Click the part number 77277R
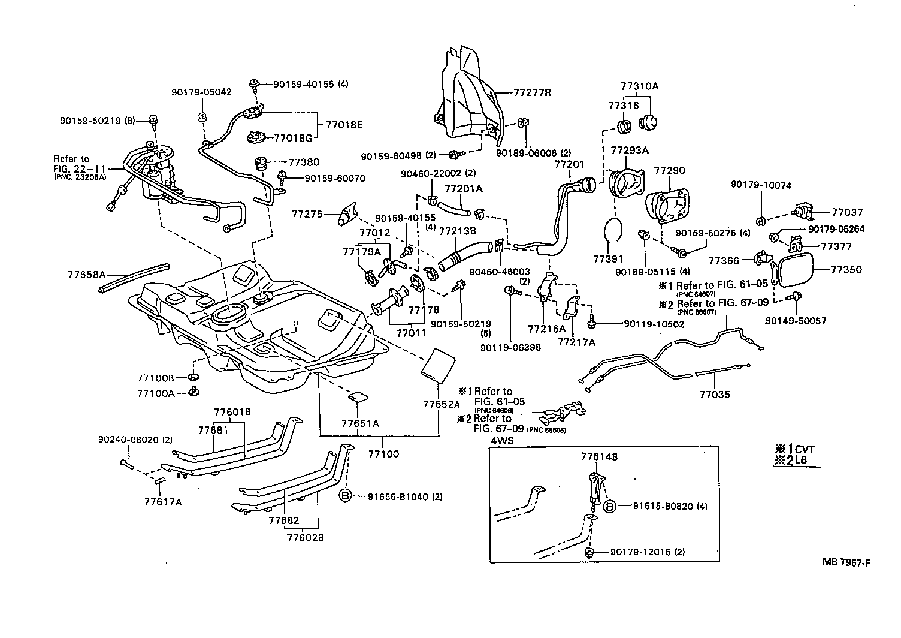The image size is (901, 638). click(x=532, y=93)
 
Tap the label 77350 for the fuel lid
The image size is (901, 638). click(x=846, y=270)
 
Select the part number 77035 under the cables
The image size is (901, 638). click(x=714, y=395)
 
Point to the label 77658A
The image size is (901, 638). click(x=86, y=275)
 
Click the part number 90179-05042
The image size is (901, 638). click(x=201, y=92)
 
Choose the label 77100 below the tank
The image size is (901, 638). click(x=383, y=454)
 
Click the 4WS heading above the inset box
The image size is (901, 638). click(x=502, y=441)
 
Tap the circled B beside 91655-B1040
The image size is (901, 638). click(x=346, y=496)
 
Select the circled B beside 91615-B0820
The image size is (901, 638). click(x=609, y=506)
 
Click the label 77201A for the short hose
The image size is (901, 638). click(x=463, y=189)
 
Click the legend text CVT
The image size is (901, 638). click(x=805, y=449)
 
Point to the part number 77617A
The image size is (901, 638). click(x=163, y=501)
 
